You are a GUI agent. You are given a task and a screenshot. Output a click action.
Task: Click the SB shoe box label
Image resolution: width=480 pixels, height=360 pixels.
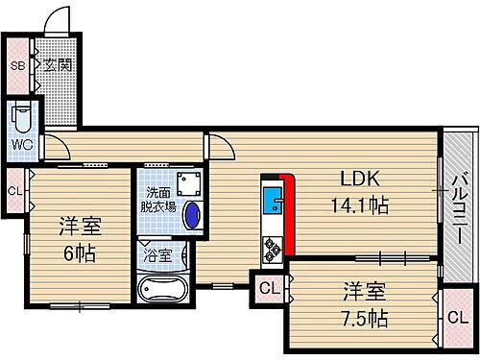(16, 66)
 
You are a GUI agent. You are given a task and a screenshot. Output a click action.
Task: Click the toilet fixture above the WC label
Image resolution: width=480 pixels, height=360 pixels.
(20, 120)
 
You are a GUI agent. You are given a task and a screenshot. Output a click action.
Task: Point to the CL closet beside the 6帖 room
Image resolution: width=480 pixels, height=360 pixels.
(15, 189)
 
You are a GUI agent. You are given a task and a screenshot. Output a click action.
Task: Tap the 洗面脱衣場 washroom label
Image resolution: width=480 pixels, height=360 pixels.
(158, 199)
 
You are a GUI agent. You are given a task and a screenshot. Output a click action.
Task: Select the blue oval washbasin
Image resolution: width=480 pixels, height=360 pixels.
(192, 216)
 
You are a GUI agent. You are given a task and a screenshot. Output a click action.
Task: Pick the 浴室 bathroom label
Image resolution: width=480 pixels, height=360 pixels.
(157, 256)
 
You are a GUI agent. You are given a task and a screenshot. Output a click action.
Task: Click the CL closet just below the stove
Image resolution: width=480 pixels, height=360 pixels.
(269, 287)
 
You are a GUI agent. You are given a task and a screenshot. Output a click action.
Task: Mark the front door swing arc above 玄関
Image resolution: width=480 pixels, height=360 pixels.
(60, 19)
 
